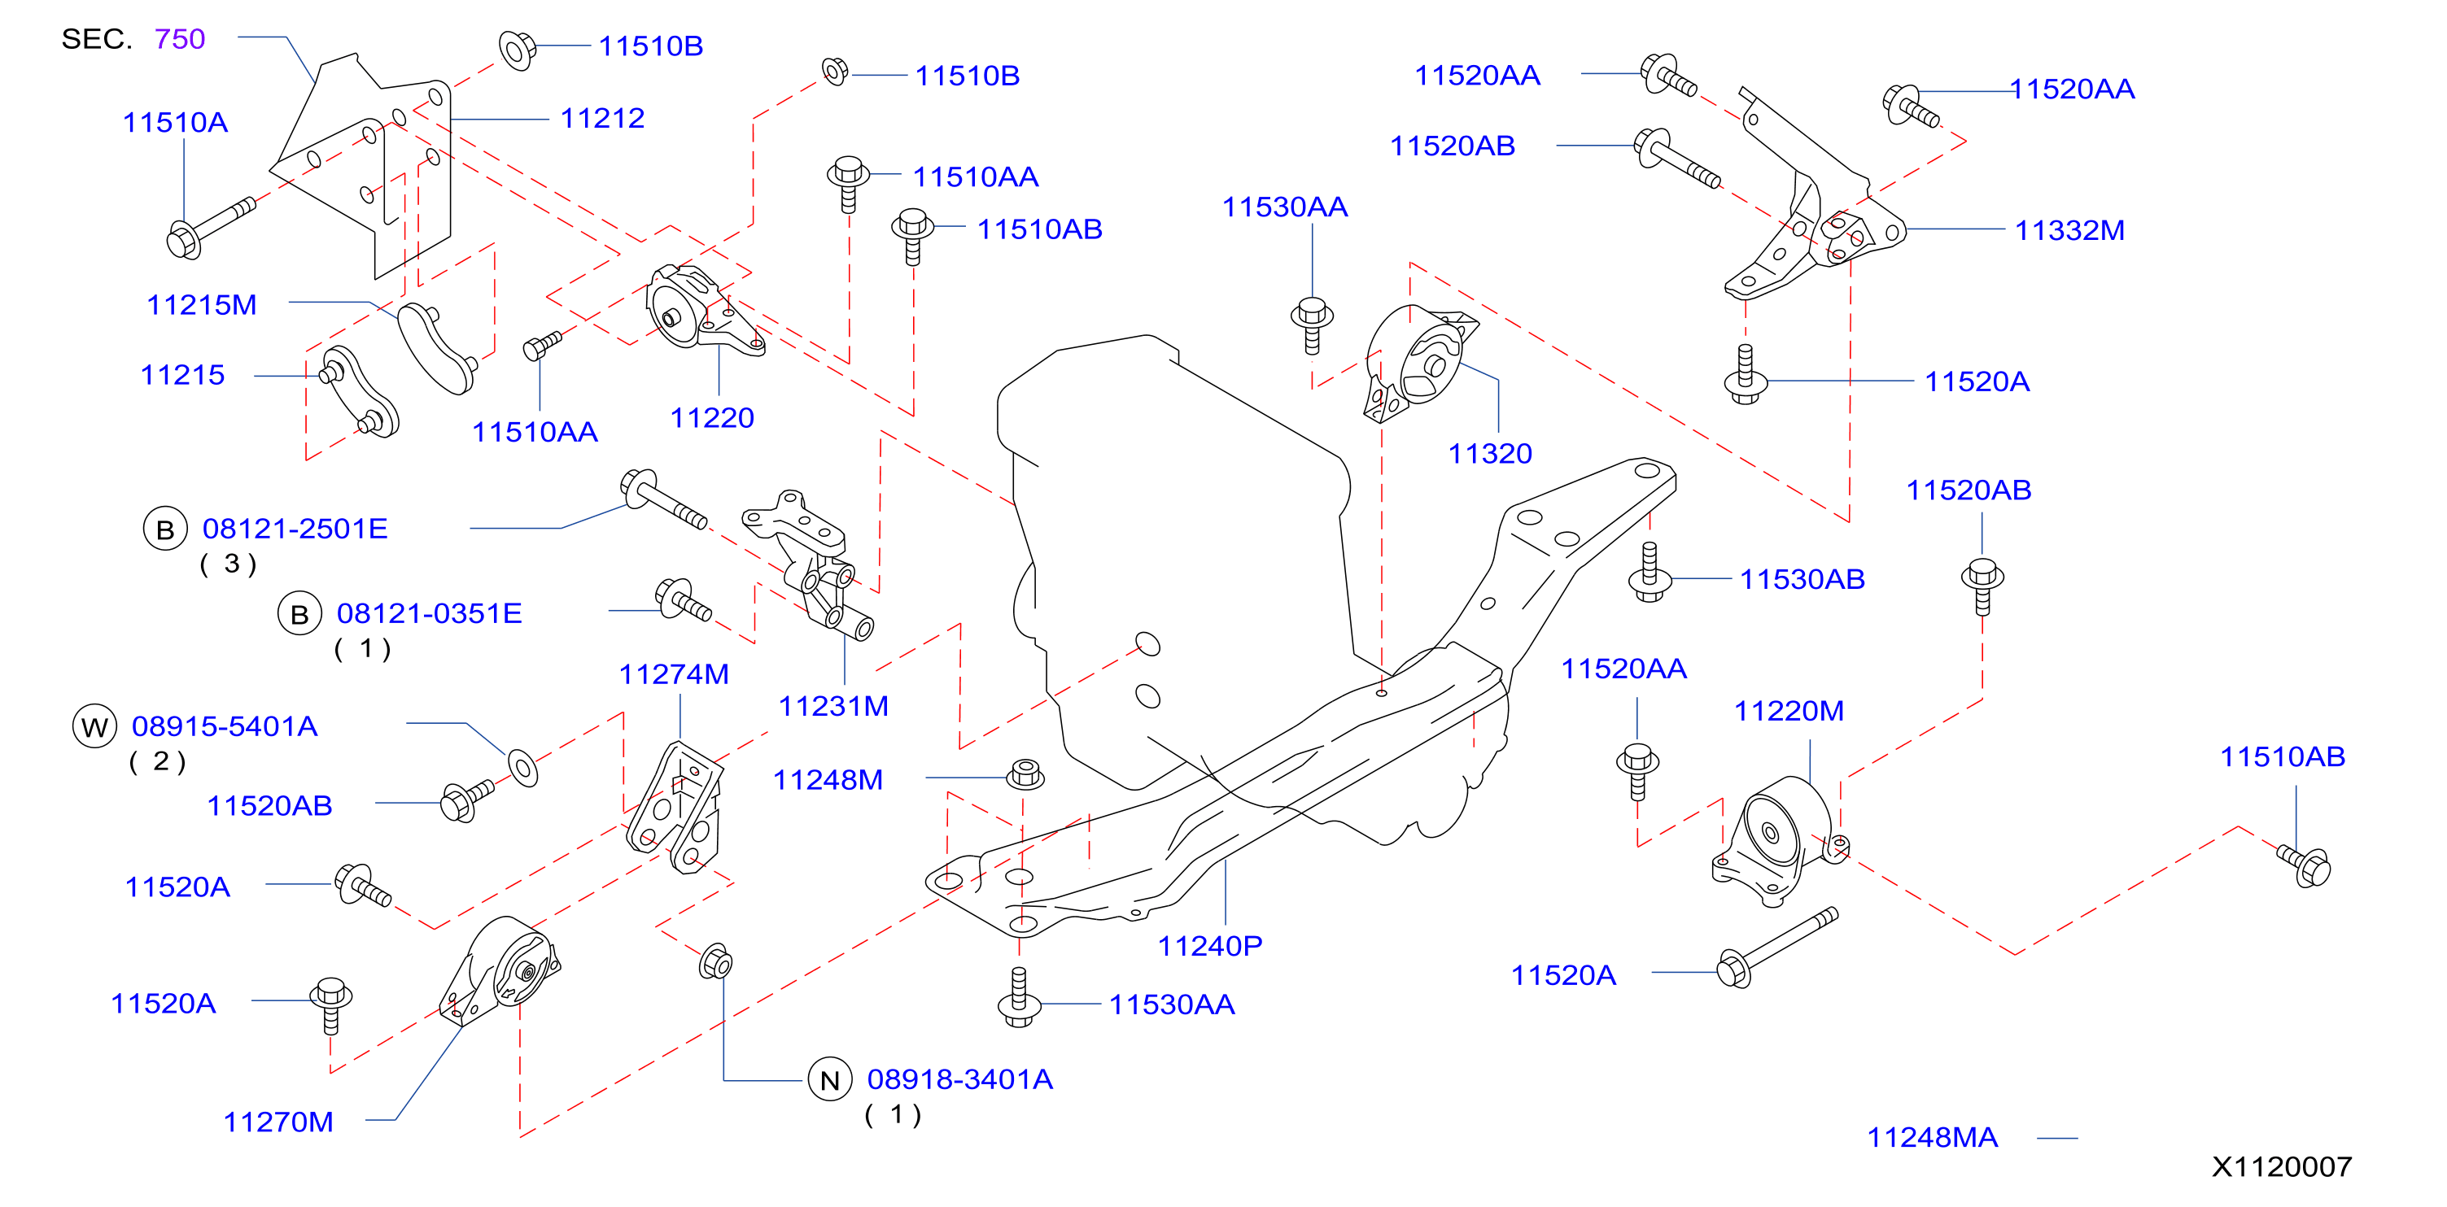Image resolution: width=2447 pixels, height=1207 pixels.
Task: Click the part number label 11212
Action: (602, 119)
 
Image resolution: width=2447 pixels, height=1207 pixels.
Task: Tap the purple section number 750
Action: (180, 39)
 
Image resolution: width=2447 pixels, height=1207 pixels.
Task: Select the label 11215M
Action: (201, 305)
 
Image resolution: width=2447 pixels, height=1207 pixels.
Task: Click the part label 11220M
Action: (1789, 712)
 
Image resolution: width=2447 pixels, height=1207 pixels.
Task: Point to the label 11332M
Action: (2070, 231)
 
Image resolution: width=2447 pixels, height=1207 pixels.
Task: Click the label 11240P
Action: (1209, 946)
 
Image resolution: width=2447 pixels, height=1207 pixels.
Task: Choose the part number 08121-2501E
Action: (295, 529)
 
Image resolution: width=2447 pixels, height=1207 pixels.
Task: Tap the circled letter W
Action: (94, 727)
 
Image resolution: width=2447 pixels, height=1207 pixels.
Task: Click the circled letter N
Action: (829, 1081)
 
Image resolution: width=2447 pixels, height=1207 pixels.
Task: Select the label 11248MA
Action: (1932, 1138)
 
